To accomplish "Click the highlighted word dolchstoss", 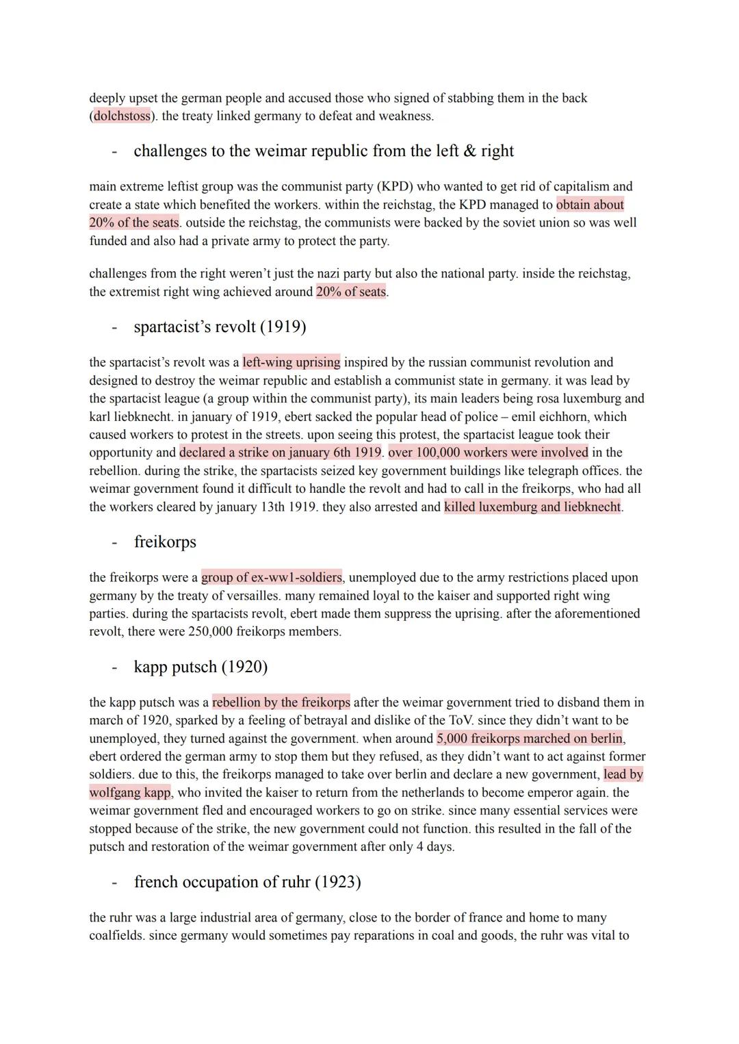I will (122, 116).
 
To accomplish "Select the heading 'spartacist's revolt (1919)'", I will (220, 327).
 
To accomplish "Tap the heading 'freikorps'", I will (165, 542).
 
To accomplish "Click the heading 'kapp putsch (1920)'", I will (200, 666).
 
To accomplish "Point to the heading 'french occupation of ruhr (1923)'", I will (247, 881).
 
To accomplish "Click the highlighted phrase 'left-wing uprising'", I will (291, 362).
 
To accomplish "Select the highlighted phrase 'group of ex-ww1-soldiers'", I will (272, 577).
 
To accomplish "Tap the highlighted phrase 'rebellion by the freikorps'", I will (281, 702).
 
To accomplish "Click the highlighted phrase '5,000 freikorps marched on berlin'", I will (530, 738).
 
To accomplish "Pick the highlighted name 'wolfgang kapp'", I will (130, 792).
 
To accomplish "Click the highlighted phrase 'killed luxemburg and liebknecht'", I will (532, 507).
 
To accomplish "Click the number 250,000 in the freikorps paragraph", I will (210, 631).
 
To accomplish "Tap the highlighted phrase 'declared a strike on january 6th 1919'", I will (281, 452).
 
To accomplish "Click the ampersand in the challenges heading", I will (469, 151).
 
